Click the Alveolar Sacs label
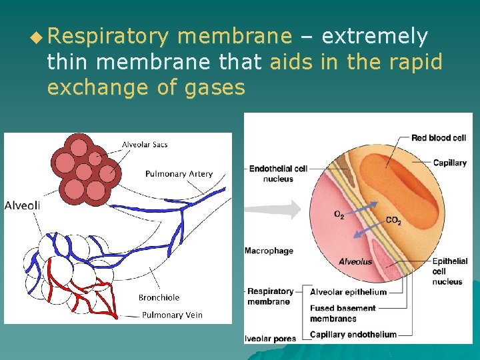[x=145, y=145]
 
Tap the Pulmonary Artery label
[x=179, y=174]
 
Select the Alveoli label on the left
[x=22, y=205]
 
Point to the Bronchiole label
[x=159, y=297]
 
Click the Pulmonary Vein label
[x=172, y=315]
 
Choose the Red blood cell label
[x=438, y=138]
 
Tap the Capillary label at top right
[x=449, y=163]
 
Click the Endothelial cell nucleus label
[x=278, y=173]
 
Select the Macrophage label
[x=269, y=251]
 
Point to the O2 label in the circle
[x=339, y=215]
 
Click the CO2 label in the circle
[x=393, y=221]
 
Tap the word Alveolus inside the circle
[x=355, y=262]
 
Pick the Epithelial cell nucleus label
[x=449, y=271]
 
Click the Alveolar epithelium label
[x=348, y=292]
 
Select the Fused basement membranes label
[x=343, y=313]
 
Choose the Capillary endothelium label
[x=353, y=335]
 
